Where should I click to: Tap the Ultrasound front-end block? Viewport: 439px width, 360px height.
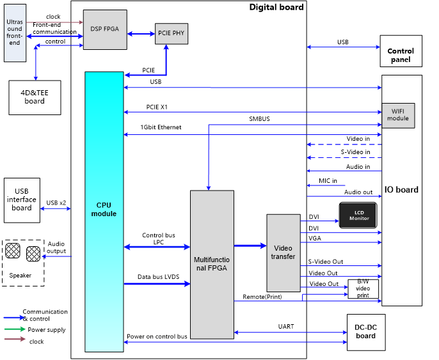(x=14, y=31)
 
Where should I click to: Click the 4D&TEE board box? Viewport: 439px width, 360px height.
(x=35, y=97)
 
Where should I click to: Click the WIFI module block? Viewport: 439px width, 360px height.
(x=397, y=114)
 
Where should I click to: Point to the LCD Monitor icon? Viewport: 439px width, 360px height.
(x=358, y=215)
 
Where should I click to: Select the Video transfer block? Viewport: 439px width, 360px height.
(x=283, y=253)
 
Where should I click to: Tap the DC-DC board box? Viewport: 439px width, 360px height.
(x=366, y=333)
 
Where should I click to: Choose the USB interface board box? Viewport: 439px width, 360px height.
(x=22, y=199)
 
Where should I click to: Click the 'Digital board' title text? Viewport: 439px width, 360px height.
(x=276, y=7)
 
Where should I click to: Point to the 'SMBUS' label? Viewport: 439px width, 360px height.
(x=259, y=119)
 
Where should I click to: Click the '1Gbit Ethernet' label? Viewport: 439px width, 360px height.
(x=161, y=127)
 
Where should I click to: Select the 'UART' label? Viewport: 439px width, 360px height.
(x=286, y=326)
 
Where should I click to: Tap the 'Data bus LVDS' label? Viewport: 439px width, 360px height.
(x=158, y=277)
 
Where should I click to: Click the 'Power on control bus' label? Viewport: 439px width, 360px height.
(x=157, y=336)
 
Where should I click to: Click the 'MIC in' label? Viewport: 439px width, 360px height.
(x=328, y=181)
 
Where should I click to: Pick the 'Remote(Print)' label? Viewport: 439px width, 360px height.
(x=262, y=297)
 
